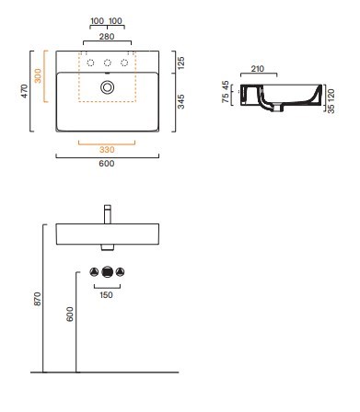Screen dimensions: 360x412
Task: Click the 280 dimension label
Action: click(x=107, y=37)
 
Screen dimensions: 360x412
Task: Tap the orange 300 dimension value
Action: click(x=38, y=75)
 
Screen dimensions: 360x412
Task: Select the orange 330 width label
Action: click(x=107, y=150)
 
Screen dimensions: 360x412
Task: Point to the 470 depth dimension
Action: click(x=24, y=91)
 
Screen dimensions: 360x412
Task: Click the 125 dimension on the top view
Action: click(x=181, y=63)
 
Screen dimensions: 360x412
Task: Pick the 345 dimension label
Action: click(x=181, y=102)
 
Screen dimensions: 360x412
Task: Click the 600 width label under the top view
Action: click(x=107, y=164)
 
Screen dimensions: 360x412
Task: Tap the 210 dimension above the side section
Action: click(x=258, y=69)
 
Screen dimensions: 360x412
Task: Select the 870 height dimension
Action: click(x=37, y=299)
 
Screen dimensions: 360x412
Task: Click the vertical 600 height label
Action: click(x=70, y=314)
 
